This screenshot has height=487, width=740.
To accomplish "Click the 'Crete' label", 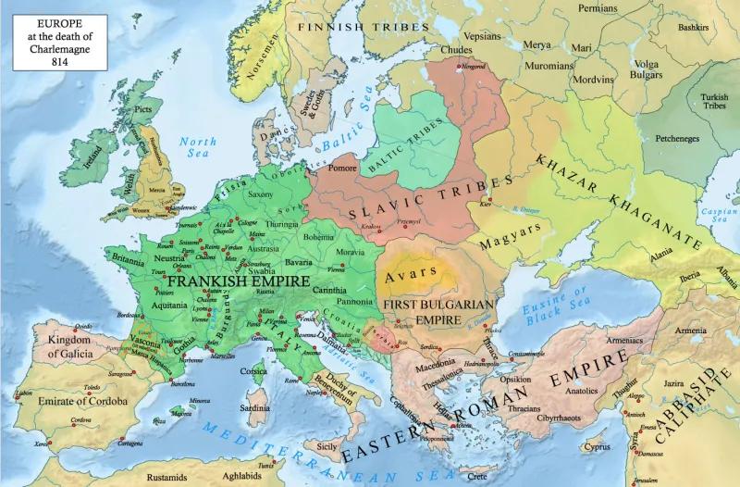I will [x=476, y=476].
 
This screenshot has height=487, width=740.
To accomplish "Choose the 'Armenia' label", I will [x=689, y=331].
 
